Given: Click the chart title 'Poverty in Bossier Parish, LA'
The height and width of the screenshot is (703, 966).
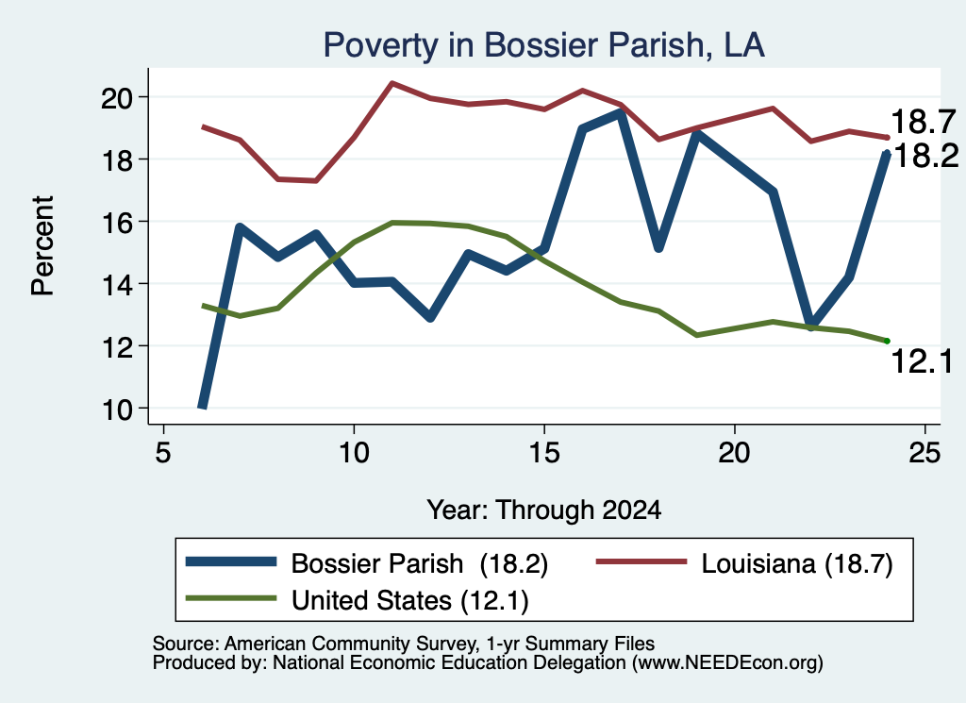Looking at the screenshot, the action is [x=543, y=45].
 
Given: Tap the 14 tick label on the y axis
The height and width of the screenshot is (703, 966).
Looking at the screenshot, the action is [x=117, y=284].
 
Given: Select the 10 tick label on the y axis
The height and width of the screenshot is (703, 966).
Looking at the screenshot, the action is [x=117, y=409].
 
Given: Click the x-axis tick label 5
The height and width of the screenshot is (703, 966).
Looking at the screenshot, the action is [x=162, y=453].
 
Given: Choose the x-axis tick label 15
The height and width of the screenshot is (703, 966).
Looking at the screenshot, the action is [x=544, y=453].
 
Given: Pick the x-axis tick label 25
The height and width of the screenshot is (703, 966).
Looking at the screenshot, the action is [x=924, y=453].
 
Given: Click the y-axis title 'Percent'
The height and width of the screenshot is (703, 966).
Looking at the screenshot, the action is [x=42, y=246].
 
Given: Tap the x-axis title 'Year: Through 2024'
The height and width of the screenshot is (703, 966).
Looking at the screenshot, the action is [x=544, y=511].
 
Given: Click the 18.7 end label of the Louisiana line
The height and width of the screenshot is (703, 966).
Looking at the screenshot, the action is [x=923, y=122].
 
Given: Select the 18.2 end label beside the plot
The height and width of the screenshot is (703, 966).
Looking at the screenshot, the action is [x=925, y=156].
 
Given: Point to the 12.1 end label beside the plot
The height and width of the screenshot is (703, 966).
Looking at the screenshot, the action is [x=923, y=361].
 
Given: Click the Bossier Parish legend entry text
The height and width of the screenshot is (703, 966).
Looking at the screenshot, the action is [x=420, y=563].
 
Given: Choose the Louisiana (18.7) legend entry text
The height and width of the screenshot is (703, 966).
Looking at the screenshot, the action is [x=797, y=563].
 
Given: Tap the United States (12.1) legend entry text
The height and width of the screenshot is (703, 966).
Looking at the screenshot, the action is [x=410, y=601].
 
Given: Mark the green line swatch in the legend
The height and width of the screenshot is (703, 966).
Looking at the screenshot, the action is [x=231, y=598].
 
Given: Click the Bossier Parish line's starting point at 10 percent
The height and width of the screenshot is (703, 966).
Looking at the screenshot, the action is [x=202, y=406].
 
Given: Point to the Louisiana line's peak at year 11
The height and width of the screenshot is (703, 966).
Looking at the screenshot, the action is [x=392, y=83].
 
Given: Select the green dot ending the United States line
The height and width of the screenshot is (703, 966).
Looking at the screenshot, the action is [x=887, y=341].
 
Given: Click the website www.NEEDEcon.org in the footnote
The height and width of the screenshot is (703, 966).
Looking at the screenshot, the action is [x=727, y=663].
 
